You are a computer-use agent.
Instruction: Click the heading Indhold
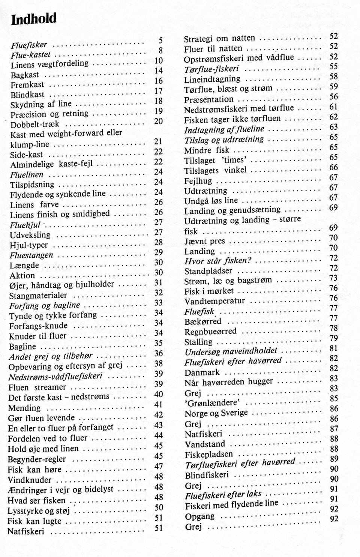click(34, 19)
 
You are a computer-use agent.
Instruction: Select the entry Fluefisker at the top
click(29, 45)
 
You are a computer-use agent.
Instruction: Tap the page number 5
click(160, 40)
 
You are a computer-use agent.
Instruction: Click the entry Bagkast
click(25, 75)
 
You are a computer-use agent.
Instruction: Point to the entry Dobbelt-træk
click(35, 125)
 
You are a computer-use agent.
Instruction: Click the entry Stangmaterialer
click(38, 296)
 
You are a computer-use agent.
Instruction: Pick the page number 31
click(158, 282)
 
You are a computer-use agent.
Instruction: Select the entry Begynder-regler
click(37, 459)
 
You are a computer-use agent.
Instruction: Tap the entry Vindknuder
click(30, 480)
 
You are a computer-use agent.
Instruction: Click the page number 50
click(159, 507)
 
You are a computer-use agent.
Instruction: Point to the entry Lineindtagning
click(212, 79)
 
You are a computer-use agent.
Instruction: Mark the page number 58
click(333, 77)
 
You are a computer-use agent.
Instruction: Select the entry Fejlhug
click(198, 181)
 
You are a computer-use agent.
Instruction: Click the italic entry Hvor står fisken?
click(218, 261)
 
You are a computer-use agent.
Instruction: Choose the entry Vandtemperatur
click(214, 301)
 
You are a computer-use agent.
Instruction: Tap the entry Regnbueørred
click(210, 332)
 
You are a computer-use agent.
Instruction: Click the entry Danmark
click(202, 372)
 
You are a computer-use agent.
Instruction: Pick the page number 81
click(333, 348)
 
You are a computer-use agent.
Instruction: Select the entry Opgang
click(199, 516)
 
